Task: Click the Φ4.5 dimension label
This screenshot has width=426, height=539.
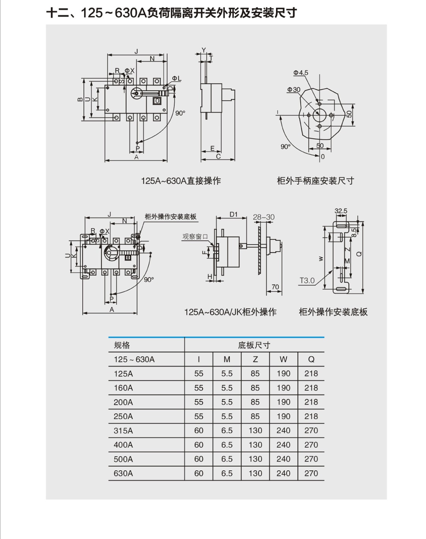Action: click(301, 73)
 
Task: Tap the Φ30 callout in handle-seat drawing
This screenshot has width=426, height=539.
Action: click(293, 90)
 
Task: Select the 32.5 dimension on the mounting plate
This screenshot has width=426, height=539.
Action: click(341, 211)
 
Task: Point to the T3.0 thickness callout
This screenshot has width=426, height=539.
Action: click(307, 281)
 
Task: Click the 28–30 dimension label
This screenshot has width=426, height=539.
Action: click(263, 217)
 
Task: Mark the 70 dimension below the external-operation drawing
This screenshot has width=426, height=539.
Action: click(275, 287)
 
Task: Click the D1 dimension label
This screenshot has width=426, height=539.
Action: click(234, 214)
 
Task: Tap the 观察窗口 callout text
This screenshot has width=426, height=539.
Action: click(195, 237)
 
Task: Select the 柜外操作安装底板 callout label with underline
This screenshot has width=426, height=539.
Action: click(170, 217)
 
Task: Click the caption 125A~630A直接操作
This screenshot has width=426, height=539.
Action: click(181, 181)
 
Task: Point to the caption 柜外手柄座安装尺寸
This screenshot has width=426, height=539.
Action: click(315, 181)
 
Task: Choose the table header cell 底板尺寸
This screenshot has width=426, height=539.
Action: click(254, 345)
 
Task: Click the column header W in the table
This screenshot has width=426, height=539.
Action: click(283, 359)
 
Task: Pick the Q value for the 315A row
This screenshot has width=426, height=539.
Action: click(311, 430)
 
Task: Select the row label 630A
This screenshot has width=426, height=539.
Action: click(123, 473)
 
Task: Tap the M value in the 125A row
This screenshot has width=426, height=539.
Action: click(227, 374)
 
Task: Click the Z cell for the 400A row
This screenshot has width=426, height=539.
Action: click(255, 445)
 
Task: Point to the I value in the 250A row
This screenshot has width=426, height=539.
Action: click(199, 416)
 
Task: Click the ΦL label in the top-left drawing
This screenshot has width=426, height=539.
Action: click(176, 79)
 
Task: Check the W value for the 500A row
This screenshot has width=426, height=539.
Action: click(283, 459)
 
